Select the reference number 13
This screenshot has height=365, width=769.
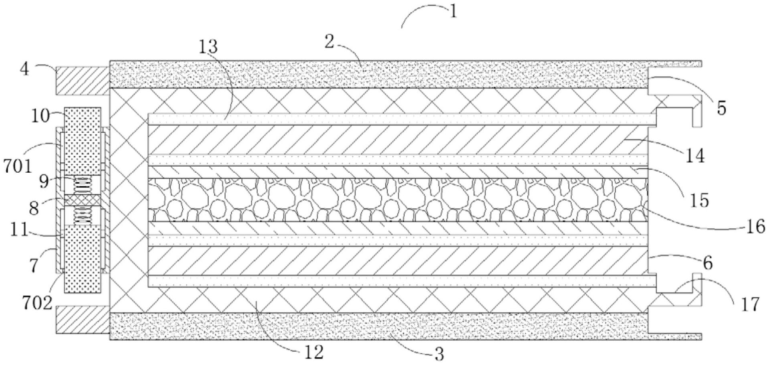(208, 46)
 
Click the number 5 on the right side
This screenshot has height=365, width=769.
(721, 108)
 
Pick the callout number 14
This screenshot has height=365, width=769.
(694, 155)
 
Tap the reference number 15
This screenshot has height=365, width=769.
(700, 200)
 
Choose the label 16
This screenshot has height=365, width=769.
(756, 227)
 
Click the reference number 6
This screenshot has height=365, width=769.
(708, 263)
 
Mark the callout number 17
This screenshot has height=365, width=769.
(750, 305)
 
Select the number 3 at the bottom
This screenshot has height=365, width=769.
(439, 354)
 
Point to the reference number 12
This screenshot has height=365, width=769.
(313, 353)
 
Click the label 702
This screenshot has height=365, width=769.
(37, 303)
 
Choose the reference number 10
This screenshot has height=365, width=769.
(40, 116)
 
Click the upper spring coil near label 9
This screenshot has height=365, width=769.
(83, 185)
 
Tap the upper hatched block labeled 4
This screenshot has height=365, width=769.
(83, 81)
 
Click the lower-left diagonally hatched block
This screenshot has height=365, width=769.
(83, 319)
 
